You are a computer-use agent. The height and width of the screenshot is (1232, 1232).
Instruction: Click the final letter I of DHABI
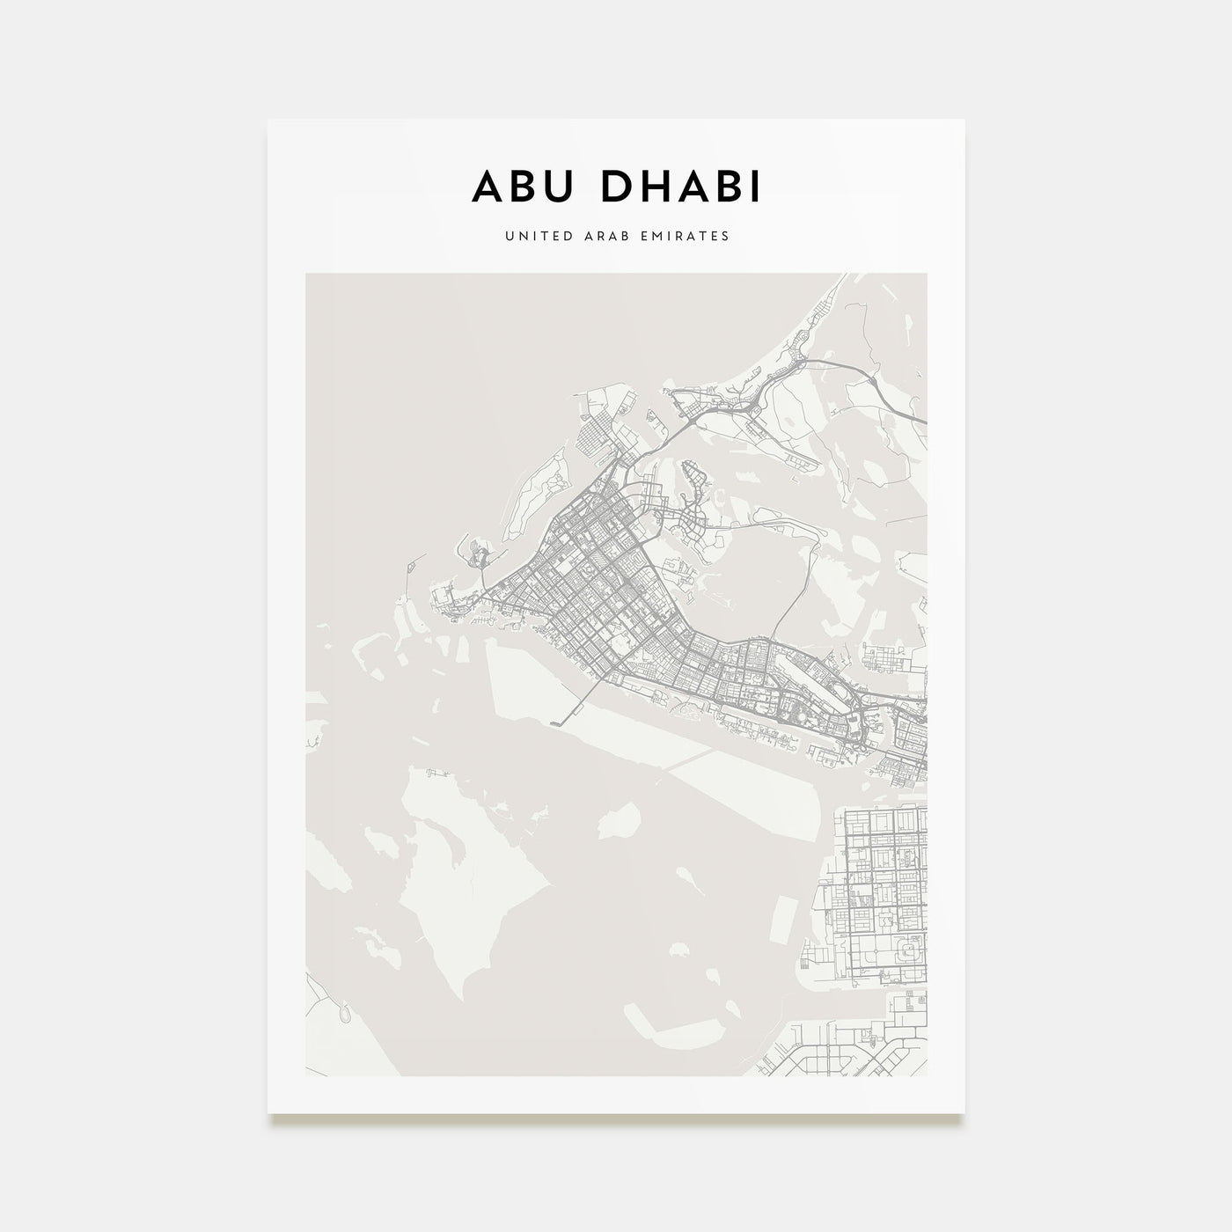coord(754,187)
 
